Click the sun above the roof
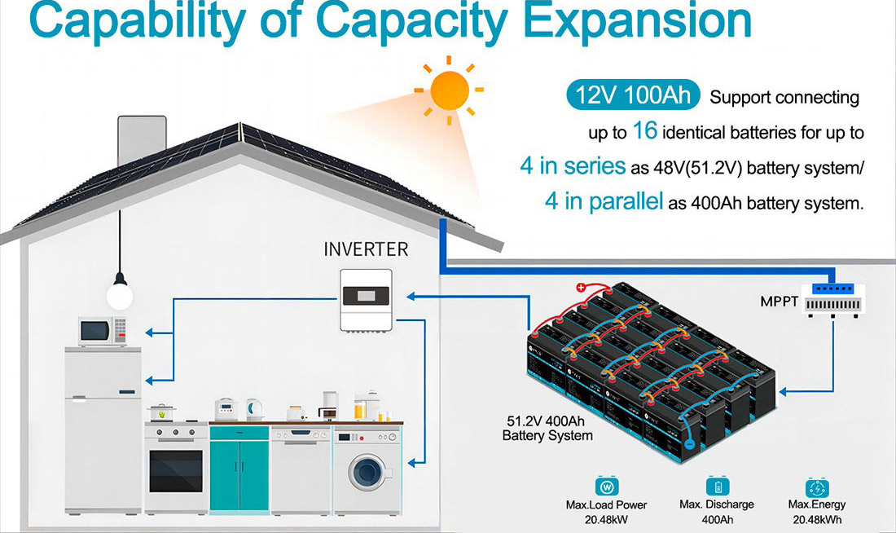coord(450,90)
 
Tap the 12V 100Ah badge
coord(633,95)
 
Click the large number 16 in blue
coord(645,131)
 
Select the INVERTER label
coord(367,249)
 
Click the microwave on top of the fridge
coord(103,331)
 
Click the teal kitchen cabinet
coord(239,469)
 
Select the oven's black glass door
coord(176,471)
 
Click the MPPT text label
coord(779,302)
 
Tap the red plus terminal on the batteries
coord(581,288)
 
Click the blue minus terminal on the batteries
coord(690,444)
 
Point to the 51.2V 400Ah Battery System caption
coord(547,429)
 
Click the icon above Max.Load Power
coord(606,487)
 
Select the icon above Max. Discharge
coord(717,486)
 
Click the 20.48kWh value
coord(817,520)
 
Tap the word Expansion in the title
coord(637,20)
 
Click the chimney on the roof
coord(142,140)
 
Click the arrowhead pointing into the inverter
coord(411,296)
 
